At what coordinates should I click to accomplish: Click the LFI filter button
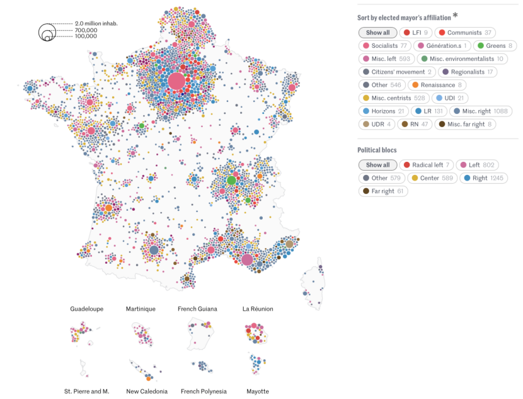tap(416, 33)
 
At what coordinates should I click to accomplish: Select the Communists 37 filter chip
tap(465, 33)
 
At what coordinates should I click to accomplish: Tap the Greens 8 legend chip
tap(495, 46)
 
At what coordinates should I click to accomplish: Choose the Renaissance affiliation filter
tap(437, 85)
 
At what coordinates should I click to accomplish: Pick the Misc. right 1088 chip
tap(481, 111)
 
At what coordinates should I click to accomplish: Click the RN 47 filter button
tap(415, 124)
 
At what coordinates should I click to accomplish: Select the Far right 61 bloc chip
tap(383, 191)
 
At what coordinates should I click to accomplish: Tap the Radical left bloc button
tap(426, 165)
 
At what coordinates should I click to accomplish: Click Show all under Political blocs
tap(377, 165)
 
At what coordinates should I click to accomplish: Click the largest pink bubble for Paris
tap(176, 81)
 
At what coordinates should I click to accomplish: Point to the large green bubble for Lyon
tap(231, 181)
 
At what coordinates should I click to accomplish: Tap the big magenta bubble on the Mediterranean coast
tap(247, 259)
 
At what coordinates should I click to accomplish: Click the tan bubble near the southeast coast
tap(289, 244)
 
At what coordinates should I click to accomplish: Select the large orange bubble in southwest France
tap(109, 208)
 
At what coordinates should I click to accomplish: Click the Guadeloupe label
tap(87, 309)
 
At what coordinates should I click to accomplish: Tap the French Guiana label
tap(197, 309)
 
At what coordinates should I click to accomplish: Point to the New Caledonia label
tap(147, 391)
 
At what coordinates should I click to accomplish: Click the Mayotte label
tap(258, 391)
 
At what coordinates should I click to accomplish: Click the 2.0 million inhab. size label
tap(96, 24)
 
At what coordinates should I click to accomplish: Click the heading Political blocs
tap(377, 150)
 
